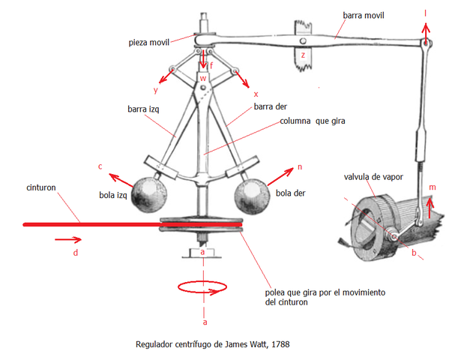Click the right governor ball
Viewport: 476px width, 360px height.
point(251,196)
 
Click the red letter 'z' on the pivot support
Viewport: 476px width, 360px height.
point(302,56)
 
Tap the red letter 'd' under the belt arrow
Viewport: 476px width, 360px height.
point(76,253)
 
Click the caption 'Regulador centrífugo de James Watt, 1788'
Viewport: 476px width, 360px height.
point(212,344)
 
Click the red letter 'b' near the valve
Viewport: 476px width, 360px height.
point(413,253)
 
